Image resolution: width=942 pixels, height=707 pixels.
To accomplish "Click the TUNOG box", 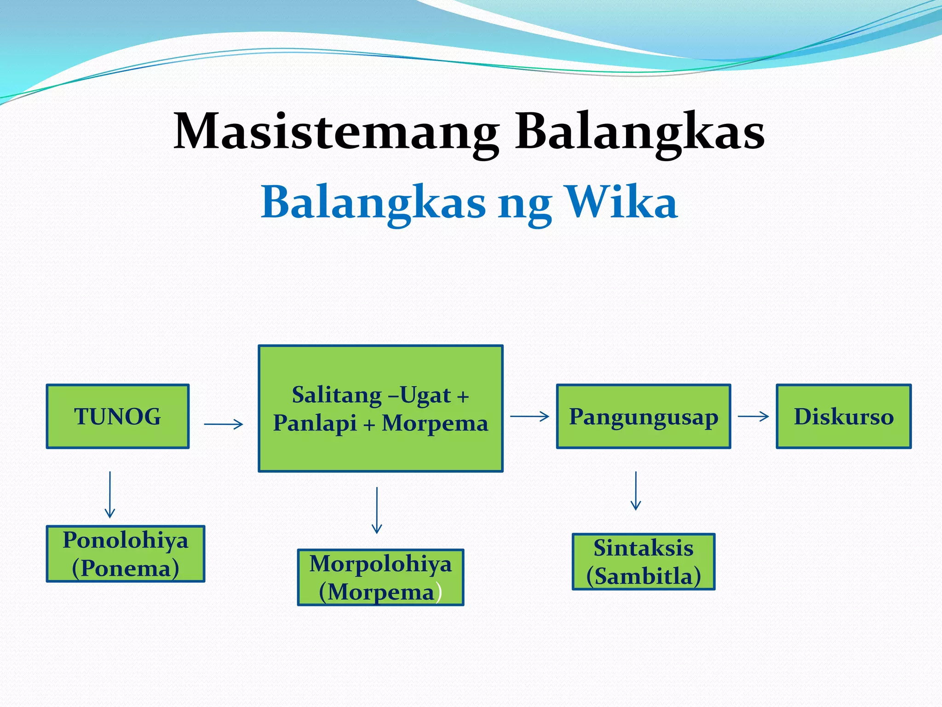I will point(118,416).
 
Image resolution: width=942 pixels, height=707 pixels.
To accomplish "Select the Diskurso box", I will point(844,416).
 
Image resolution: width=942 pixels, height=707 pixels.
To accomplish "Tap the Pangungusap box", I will point(643,416).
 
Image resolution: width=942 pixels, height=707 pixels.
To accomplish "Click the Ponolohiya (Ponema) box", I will point(126,554).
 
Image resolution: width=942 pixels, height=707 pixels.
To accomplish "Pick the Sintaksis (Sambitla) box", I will point(643,562).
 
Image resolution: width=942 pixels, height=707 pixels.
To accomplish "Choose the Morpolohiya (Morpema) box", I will point(380,577).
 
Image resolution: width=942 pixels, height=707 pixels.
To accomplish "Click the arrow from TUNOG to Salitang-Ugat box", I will point(224,424).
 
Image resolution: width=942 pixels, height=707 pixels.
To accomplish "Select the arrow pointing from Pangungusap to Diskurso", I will point(753,416).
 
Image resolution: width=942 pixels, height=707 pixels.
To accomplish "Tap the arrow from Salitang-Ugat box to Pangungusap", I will point(530,416).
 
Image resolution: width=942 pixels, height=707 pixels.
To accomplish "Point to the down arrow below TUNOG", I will point(110,494).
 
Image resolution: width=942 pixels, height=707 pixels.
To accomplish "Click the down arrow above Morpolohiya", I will point(377,510).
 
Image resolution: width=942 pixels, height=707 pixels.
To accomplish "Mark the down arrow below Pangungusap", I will point(636,491).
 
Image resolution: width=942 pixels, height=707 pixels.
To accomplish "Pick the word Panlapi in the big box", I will point(315,423).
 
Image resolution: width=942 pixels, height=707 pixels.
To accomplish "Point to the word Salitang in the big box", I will point(337,395).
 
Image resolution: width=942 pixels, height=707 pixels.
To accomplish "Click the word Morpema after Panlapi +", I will point(435,423).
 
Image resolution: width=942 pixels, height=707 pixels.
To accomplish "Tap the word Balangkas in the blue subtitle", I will point(373,203).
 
